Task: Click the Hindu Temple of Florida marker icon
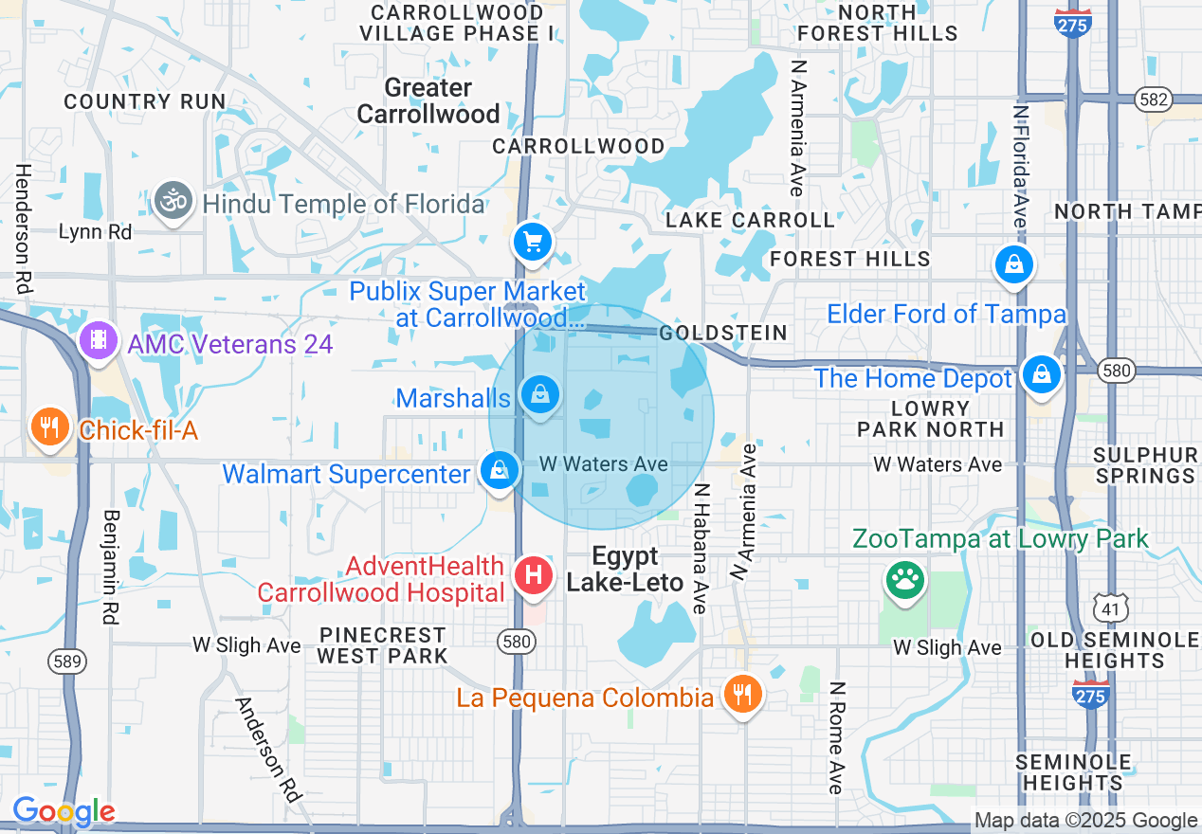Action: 173,202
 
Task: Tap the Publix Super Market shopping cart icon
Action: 533,243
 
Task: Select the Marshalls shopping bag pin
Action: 540,395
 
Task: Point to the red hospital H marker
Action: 534,574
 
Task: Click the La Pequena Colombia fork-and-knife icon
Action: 742,696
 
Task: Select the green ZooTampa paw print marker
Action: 904,579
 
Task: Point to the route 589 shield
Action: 74,661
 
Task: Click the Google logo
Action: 64,812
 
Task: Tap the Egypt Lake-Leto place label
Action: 625,569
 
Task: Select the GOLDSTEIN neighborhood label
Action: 723,333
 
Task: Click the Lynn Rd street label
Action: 94,231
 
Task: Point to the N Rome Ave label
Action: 835,737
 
